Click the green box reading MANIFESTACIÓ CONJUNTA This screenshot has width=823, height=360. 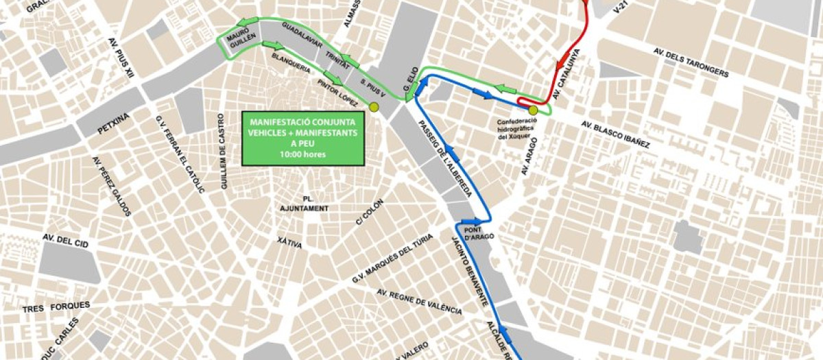(x=302, y=138)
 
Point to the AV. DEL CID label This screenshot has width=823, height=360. (x=67, y=239)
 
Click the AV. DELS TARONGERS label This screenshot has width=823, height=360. (x=691, y=63)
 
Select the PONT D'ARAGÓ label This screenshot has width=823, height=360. (x=479, y=233)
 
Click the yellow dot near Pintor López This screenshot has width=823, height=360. (x=374, y=107)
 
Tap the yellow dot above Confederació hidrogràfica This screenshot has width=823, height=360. (x=533, y=110)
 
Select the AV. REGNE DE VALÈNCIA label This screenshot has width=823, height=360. (x=419, y=302)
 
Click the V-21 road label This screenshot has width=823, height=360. (x=622, y=8)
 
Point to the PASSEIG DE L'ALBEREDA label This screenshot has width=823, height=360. (x=445, y=158)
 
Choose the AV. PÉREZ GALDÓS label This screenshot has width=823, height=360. (x=111, y=187)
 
